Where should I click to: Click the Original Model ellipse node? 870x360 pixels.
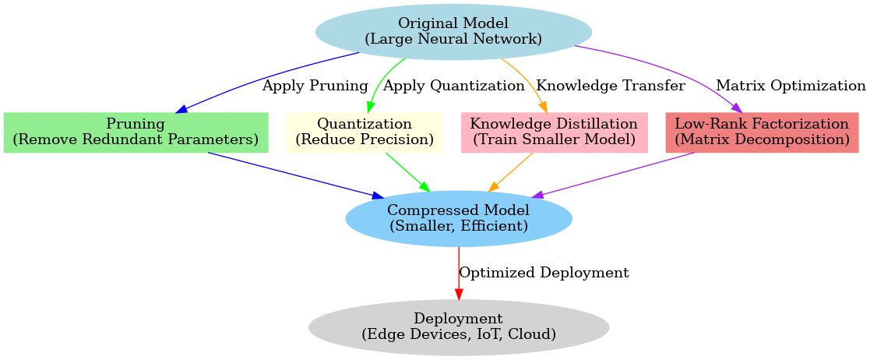pyautogui.click(x=453, y=30)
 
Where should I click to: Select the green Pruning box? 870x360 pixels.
pyautogui.click(x=136, y=132)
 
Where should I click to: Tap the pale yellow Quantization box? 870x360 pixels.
pyautogui.click(x=365, y=132)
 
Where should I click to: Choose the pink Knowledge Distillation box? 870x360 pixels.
pyautogui.click(x=554, y=132)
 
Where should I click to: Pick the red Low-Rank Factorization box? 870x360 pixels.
pyautogui.click(x=762, y=132)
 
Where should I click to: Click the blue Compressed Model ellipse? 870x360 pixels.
pyautogui.click(x=459, y=218)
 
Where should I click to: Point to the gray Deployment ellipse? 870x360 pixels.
pyautogui.click(x=459, y=326)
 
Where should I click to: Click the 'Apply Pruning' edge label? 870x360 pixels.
pyautogui.click(x=315, y=86)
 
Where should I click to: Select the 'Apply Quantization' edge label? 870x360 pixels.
pyautogui.click(x=454, y=86)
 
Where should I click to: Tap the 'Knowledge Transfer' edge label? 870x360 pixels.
pyautogui.click(x=611, y=86)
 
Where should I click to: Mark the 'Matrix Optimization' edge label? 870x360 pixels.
pyautogui.click(x=790, y=86)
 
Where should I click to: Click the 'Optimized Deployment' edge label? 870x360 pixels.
pyautogui.click(x=544, y=273)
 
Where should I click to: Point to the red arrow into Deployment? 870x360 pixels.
pyautogui.click(x=459, y=273)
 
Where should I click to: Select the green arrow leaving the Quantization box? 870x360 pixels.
pyautogui.click(x=407, y=171)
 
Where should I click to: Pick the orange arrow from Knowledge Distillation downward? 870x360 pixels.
pyautogui.click(x=510, y=171)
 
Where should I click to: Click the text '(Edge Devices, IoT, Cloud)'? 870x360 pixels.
pyautogui.click(x=459, y=334)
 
